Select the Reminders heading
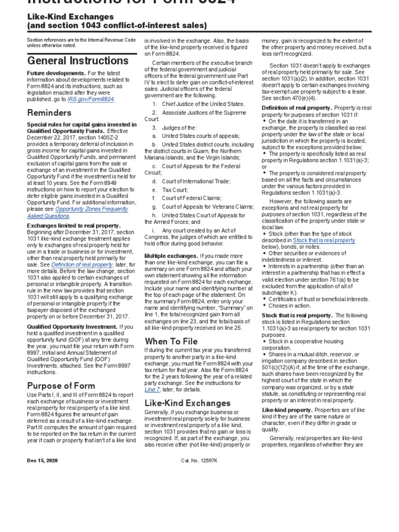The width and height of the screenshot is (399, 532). (x=49, y=113)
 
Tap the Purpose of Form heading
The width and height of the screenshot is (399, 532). (x=61, y=385)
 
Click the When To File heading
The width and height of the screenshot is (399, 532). (x=171, y=341)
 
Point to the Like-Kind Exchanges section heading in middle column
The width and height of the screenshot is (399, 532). (x=187, y=403)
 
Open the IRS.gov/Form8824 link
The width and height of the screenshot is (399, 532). (x=91, y=99)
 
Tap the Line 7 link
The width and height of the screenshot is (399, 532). (x=152, y=390)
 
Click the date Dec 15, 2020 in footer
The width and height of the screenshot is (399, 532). (x=43, y=460)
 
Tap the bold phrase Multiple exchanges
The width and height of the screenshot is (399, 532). (x=171, y=256)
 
